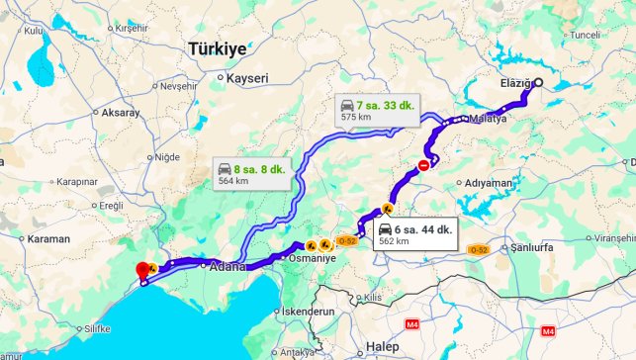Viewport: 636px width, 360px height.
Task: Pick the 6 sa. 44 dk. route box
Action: [413, 233]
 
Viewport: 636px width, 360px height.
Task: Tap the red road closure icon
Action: [424, 165]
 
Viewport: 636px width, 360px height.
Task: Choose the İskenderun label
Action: [307, 311]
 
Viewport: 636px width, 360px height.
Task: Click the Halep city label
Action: [382, 346]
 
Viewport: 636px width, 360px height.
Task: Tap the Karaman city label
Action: [48, 238]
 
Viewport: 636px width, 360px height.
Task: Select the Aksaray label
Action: [120, 113]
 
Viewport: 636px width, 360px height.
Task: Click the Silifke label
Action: [96, 327]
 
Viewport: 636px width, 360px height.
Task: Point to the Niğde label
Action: [167, 156]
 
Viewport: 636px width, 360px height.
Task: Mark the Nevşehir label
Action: [179, 86]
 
